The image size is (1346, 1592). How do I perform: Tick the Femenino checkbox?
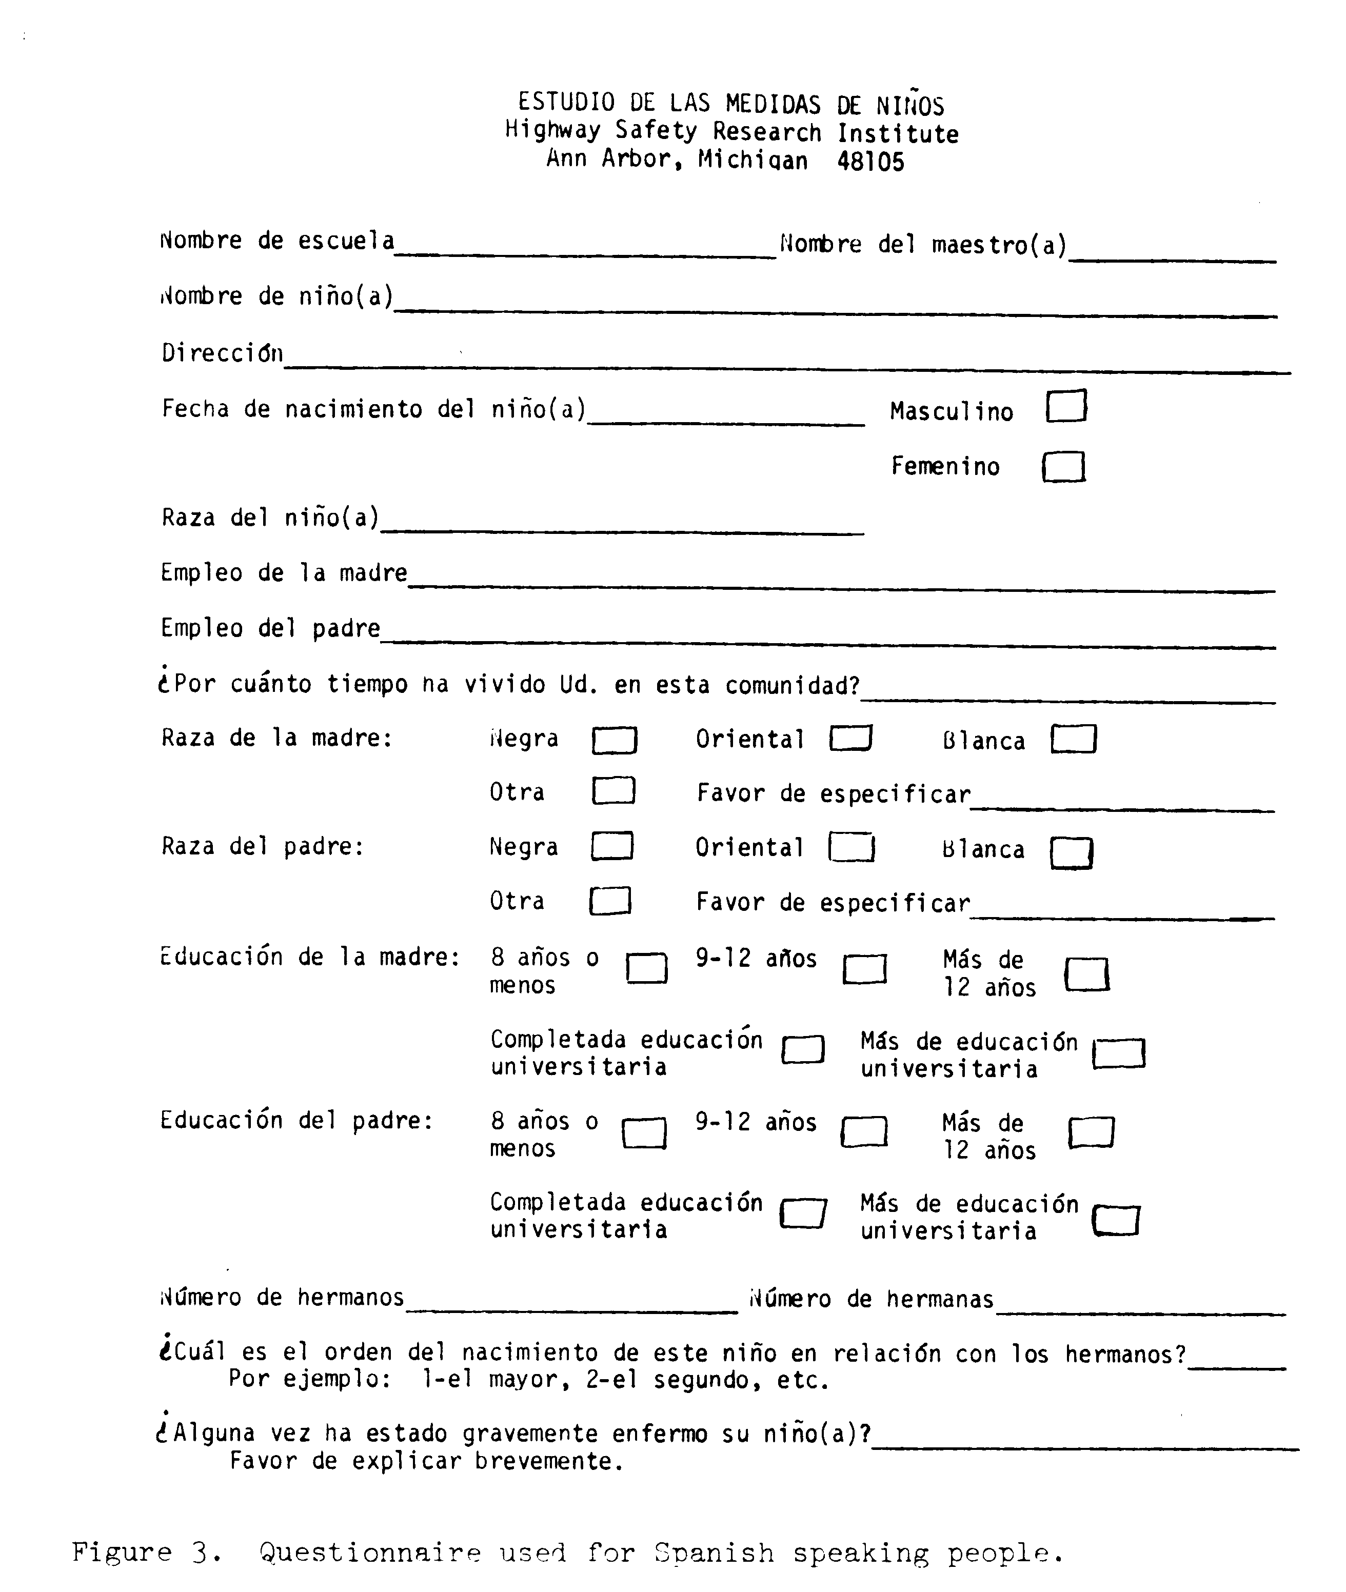click(x=1064, y=466)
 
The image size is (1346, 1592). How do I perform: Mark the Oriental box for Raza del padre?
click(x=852, y=847)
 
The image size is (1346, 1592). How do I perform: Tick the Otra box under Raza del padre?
click(x=610, y=901)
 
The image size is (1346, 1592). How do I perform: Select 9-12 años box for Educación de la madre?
click(x=864, y=969)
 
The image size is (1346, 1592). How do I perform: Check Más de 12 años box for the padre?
click(x=1091, y=1133)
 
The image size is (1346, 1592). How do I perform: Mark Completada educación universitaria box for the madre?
click(x=803, y=1050)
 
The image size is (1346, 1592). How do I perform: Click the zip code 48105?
click(x=870, y=162)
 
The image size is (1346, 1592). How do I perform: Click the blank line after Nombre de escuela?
click(x=585, y=252)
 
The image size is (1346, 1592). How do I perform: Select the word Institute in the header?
click(x=898, y=133)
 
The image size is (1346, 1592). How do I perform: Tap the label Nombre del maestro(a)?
click(x=922, y=245)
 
